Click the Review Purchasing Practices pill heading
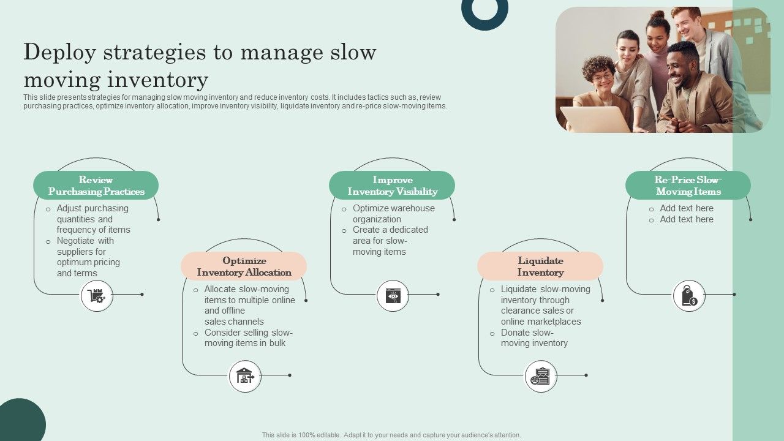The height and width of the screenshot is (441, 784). pos(96,186)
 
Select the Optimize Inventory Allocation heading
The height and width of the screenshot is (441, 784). pos(244,266)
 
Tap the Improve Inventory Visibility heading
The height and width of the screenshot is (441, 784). pos(392,186)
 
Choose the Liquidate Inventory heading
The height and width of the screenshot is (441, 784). pos(540,266)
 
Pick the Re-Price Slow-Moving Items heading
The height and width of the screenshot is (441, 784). pos(688,186)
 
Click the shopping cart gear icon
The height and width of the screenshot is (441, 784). pos(97,296)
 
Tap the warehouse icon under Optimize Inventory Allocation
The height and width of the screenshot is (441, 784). pos(245,376)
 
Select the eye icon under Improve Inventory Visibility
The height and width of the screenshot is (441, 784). pos(393,296)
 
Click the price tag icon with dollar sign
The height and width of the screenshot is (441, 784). pos(689,296)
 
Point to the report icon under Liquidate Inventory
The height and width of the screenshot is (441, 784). pos(541,376)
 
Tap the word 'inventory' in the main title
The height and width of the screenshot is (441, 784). pos(157,80)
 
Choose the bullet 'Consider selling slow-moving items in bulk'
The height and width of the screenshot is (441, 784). pos(248,338)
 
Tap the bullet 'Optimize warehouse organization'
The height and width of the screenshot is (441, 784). pos(393,214)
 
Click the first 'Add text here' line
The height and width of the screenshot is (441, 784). pos(686,208)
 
